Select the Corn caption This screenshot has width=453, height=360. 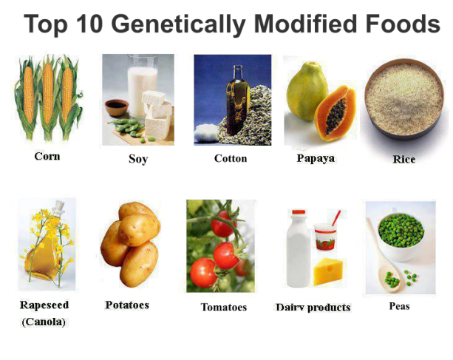coord(47,156)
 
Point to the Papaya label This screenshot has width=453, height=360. coord(316,157)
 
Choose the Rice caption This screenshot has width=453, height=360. coord(403,159)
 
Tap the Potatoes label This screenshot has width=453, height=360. coord(127,305)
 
